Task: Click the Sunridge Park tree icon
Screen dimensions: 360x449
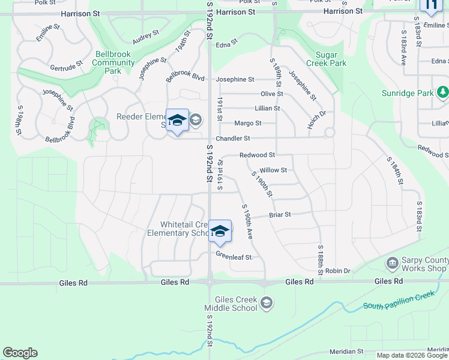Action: click(442, 92)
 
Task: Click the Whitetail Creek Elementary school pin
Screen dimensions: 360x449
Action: click(220, 232)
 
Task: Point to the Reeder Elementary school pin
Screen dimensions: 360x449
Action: click(177, 121)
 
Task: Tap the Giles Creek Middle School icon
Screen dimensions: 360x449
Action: click(267, 304)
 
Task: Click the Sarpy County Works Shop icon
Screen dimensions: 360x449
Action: click(392, 263)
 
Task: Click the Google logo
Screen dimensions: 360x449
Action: click(20, 353)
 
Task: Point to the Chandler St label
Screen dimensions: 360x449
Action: click(232, 138)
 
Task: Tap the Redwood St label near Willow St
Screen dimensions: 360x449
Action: click(257, 155)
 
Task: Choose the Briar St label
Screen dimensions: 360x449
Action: click(280, 214)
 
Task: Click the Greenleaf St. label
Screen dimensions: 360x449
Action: click(235, 257)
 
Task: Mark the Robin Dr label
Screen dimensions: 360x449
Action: click(338, 271)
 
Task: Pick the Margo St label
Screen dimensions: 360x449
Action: click(247, 123)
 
